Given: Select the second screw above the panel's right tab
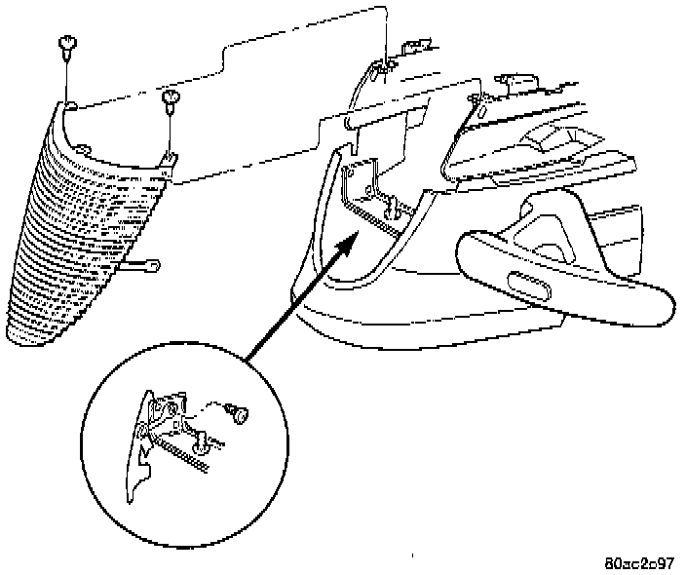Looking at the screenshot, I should tap(171, 96).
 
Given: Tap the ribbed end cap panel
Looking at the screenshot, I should tap(78, 244).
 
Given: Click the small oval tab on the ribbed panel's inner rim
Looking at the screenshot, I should tap(84, 149).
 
